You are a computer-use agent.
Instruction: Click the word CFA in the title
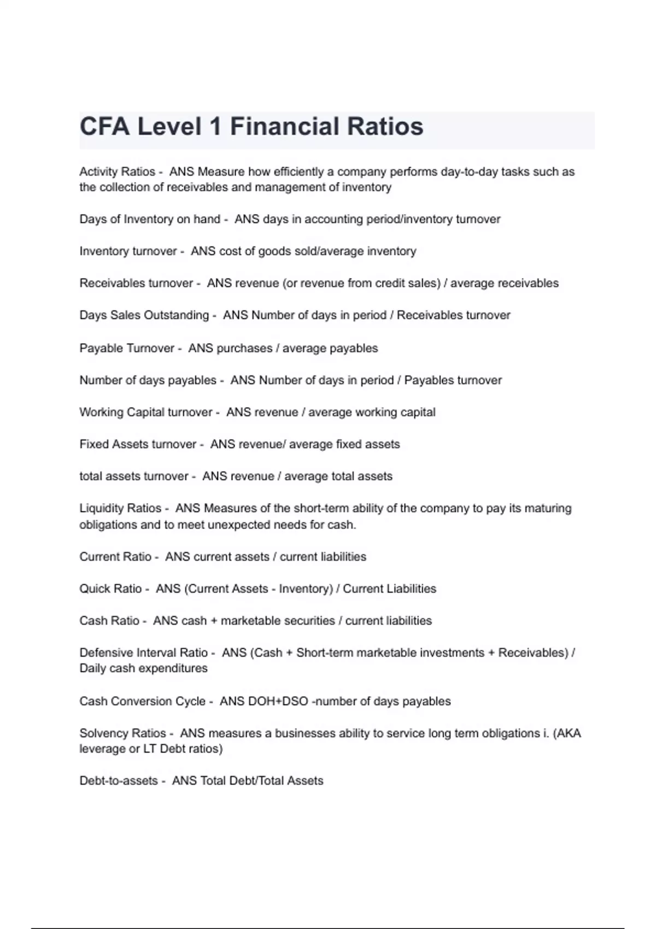104,127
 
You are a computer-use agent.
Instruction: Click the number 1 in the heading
215,127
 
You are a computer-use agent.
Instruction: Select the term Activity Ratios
117,172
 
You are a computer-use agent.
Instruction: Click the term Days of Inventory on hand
149,219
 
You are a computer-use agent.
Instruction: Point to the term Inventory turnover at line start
128,251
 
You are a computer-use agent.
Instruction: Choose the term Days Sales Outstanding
144,315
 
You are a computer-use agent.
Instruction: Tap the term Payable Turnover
126,348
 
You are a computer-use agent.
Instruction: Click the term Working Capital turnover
145,412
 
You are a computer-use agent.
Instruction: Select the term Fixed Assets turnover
137,444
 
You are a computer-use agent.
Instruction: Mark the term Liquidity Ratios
120,508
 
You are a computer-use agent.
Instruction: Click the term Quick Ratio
110,589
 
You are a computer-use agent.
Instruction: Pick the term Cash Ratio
109,621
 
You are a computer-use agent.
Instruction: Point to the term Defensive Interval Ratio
143,652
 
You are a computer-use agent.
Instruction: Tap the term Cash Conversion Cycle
142,701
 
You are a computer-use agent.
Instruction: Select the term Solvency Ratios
122,733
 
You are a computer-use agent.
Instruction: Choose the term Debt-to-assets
118,781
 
